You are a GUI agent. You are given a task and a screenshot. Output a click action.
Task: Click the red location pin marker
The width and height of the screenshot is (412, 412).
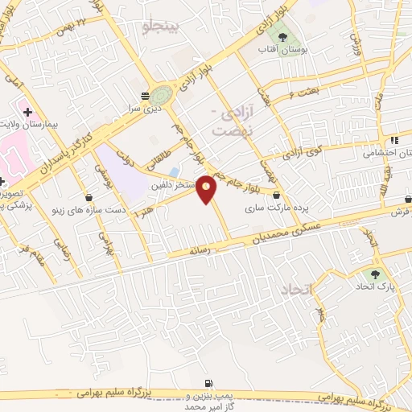tap(207, 188)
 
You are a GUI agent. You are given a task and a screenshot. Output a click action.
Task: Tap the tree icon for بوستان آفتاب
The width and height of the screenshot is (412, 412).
tap(281, 35)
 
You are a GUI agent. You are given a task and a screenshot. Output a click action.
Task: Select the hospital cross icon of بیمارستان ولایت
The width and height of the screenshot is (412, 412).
tap(27, 111)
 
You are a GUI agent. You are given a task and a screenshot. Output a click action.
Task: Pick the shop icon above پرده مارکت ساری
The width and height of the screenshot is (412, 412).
tap(277, 195)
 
